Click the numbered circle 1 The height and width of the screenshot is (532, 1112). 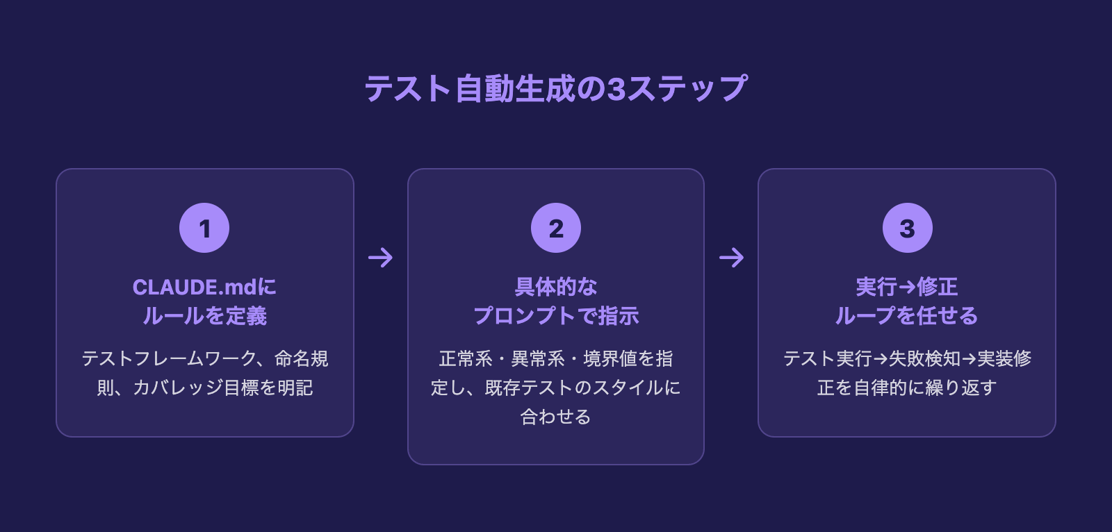tap(204, 228)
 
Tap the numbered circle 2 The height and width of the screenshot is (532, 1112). tap(556, 228)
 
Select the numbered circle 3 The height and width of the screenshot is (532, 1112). tap(907, 228)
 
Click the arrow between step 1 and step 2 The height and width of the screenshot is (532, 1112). tap(380, 258)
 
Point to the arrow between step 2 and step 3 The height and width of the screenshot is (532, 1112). tap(731, 258)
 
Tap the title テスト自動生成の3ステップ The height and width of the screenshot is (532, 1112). tap(556, 89)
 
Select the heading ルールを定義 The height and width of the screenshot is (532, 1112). tap(205, 316)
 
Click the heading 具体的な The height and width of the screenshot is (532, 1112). tap(556, 287)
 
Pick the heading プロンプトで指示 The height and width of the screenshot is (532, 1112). tap(556, 316)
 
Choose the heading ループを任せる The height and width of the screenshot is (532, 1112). tap(907, 316)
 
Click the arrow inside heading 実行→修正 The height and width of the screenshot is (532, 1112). tap(907, 287)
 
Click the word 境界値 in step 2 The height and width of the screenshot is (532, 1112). tap(610, 358)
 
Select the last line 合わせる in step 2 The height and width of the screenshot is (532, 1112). tap(556, 417)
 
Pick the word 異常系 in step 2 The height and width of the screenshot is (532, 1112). tap(538, 358)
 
